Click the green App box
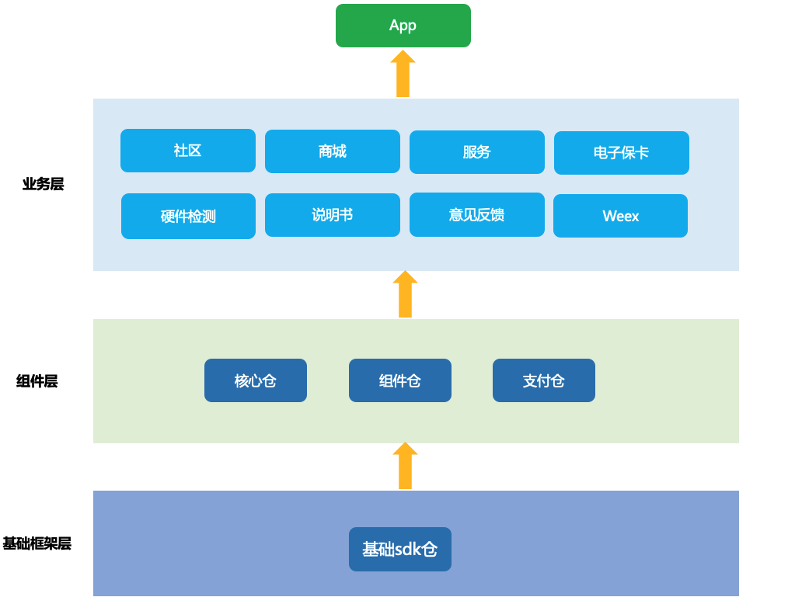[x=403, y=26]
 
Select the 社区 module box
[x=188, y=151]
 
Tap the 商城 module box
[x=333, y=151]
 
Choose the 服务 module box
[x=476, y=152]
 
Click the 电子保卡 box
[x=621, y=153]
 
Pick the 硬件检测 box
[x=188, y=216]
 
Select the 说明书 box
[x=333, y=215]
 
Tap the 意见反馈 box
[x=476, y=215]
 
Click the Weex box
[x=620, y=216]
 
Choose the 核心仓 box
[x=255, y=380]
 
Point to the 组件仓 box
[x=399, y=380]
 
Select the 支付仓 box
[x=543, y=380]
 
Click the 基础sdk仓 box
[x=399, y=549]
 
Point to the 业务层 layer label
[x=43, y=184]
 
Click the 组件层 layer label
[x=37, y=381]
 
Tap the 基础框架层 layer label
[x=37, y=543]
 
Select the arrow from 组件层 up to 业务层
[x=405, y=294]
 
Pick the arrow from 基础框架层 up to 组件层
[x=405, y=466]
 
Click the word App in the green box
[x=403, y=25]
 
